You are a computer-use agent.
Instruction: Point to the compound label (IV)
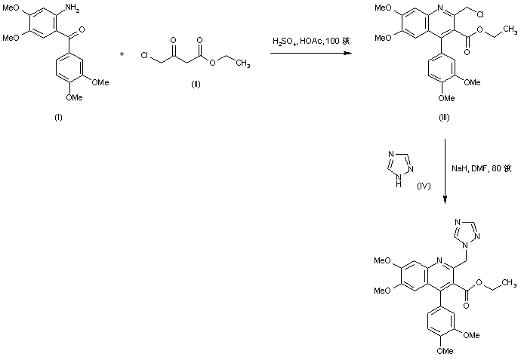(x=423, y=186)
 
